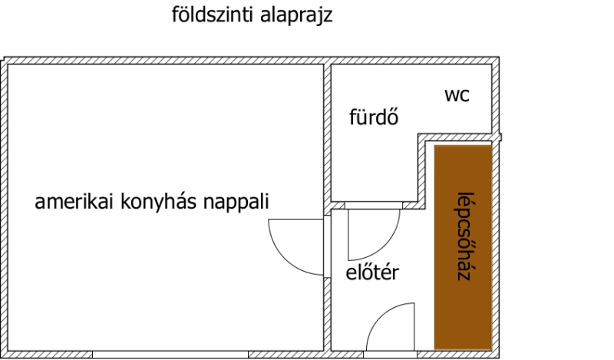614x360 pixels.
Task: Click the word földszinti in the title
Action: coord(205,15)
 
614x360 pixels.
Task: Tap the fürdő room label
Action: coord(374,118)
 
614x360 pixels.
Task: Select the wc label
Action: coord(457,96)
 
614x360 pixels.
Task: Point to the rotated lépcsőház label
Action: coord(463,234)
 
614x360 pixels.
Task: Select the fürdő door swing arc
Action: coord(375,234)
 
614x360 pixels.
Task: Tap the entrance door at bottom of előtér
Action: coord(391,329)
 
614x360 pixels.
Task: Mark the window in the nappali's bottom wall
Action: coord(170,355)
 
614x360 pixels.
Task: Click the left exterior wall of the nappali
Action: coord(5,207)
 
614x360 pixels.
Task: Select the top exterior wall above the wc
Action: coord(453,60)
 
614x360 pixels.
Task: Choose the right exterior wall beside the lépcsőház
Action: coord(497,246)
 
